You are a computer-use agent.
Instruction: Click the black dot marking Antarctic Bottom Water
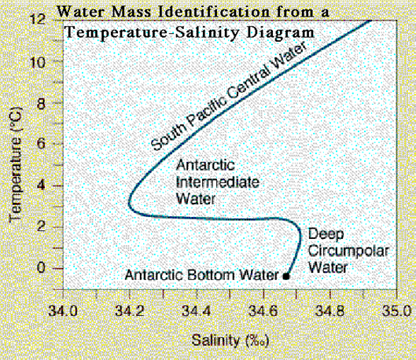287,276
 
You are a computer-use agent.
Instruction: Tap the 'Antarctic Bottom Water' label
203,275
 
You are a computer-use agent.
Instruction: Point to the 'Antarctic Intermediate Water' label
207,183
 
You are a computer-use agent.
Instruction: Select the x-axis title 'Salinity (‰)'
225,340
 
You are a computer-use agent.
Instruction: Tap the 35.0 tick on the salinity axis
395,310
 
